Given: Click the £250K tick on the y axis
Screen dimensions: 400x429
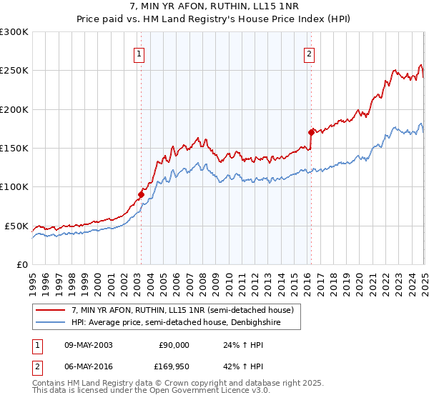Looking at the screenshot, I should coord(14,71).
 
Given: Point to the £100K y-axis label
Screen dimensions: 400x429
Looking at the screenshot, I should coord(14,187).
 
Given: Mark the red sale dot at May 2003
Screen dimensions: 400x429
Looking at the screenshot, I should coord(141,194).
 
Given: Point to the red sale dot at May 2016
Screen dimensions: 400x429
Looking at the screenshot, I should coord(311,132).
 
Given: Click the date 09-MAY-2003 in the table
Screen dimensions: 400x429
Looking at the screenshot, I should coord(87,345).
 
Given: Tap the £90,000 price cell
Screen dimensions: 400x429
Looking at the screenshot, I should coord(174,345).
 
